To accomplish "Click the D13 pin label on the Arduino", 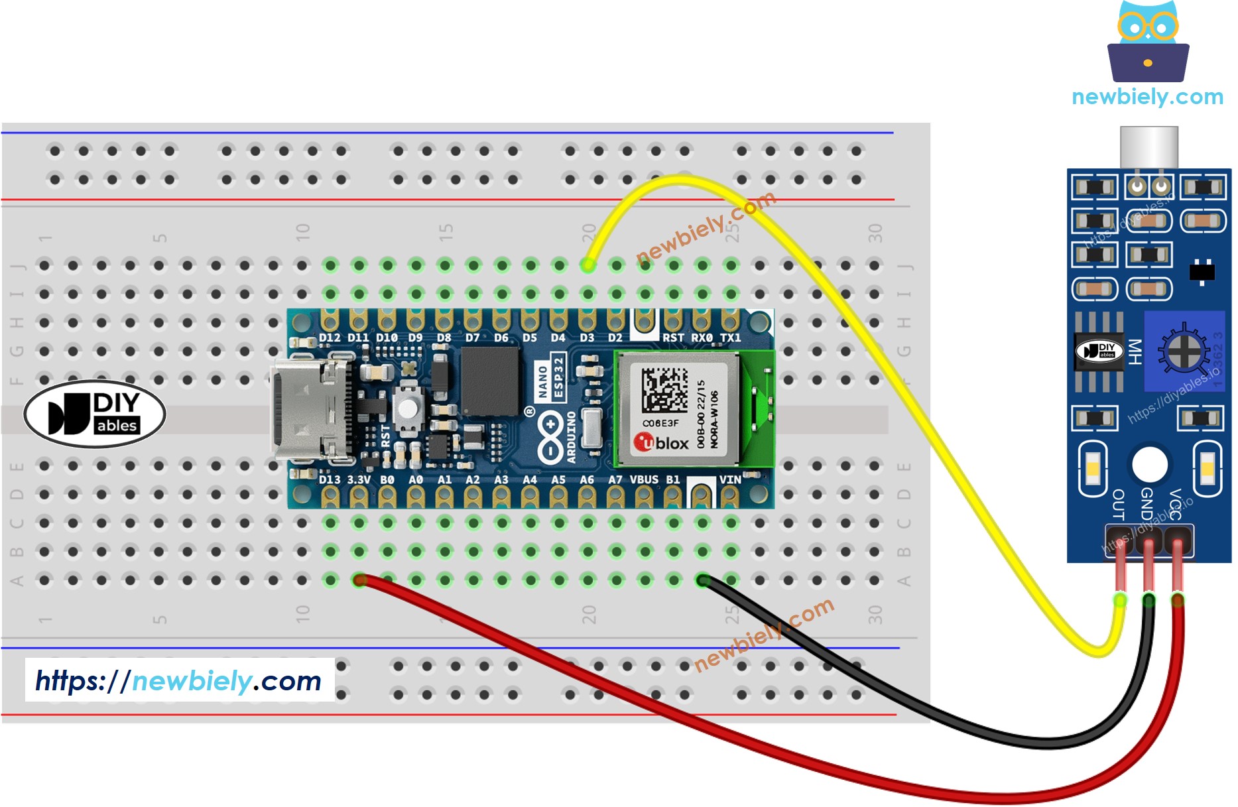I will coord(330,479).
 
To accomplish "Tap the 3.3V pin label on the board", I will coord(359,479).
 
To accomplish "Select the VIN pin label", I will coord(730,479).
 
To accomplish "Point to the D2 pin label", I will coord(615,338).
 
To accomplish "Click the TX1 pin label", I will coord(730,338).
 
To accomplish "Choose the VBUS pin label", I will coord(644,479).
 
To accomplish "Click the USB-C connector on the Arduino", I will coord(309,410).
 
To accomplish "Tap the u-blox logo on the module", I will coord(661,442).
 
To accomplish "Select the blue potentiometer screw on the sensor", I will coord(1183,352).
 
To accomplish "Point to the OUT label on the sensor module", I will coord(1118,504).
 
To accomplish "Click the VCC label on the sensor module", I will coord(1175,504).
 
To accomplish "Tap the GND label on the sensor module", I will coord(1146,504).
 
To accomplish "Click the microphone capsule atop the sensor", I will coord(1149,147).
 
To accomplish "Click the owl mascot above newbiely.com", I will coord(1148,41).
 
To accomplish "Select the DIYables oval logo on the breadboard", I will coord(95,414).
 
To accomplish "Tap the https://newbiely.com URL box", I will coord(179,680).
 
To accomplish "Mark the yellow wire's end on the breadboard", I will coord(588,265).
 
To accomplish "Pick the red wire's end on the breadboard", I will coord(359,581).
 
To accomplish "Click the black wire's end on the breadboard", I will coord(702,581).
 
